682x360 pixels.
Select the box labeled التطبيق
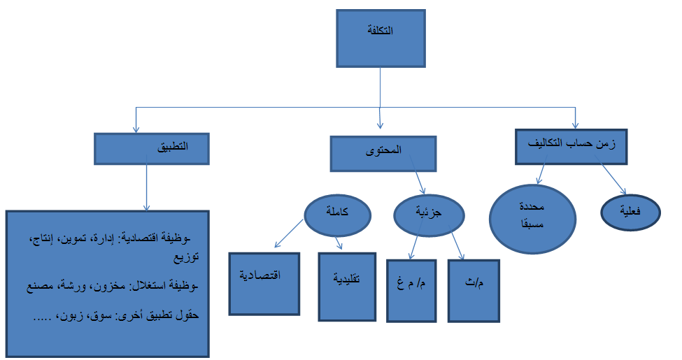[152, 148]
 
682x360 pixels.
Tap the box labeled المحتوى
[383, 152]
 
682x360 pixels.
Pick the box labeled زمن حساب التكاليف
[571, 145]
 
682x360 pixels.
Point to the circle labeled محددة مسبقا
[533, 215]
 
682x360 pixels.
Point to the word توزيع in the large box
[185, 257]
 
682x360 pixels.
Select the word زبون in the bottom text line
[75, 316]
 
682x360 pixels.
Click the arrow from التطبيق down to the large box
[146, 187]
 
